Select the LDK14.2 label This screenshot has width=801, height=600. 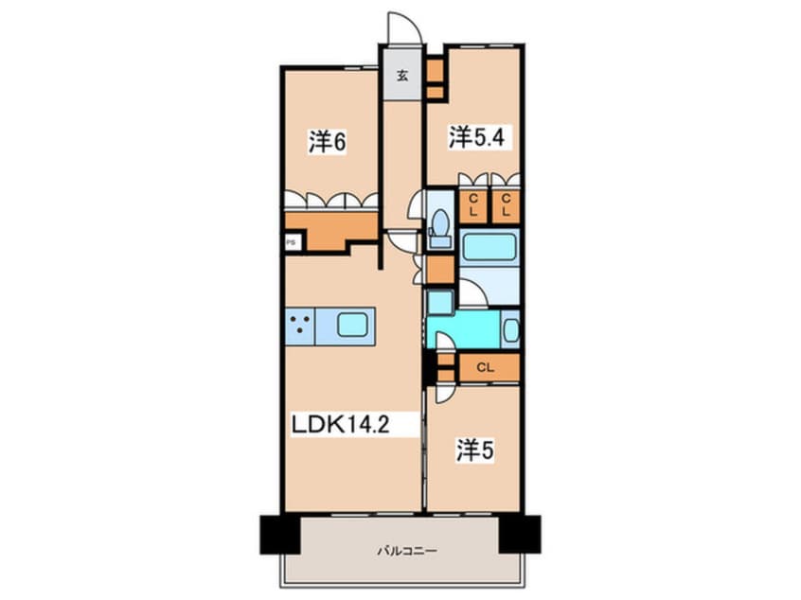(x=341, y=424)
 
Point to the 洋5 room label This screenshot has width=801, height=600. (x=475, y=450)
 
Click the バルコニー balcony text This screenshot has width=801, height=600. (x=407, y=551)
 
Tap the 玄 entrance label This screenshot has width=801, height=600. (x=403, y=76)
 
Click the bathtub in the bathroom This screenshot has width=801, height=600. (x=489, y=248)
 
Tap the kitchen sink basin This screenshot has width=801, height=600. (x=352, y=326)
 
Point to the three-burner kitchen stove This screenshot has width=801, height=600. (x=300, y=326)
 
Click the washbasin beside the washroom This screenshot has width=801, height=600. (x=511, y=330)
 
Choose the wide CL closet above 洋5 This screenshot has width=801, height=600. (x=489, y=367)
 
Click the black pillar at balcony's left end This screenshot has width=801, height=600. (x=279, y=535)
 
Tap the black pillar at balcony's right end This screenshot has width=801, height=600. (x=520, y=535)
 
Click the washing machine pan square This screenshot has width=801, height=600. (x=440, y=302)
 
